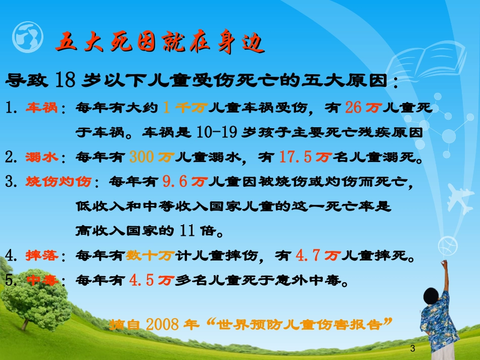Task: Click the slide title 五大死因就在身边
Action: (x=160, y=43)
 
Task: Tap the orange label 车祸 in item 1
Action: (x=42, y=107)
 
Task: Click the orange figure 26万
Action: (x=362, y=107)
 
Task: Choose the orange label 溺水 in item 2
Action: (x=42, y=158)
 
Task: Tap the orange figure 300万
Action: (x=150, y=158)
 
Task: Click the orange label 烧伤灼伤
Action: (x=59, y=182)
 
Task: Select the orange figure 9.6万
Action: (x=185, y=182)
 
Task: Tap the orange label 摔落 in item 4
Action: (x=42, y=256)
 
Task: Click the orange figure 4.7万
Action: (x=317, y=256)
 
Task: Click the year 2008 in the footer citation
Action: (x=162, y=324)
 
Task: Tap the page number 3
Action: (x=413, y=348)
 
